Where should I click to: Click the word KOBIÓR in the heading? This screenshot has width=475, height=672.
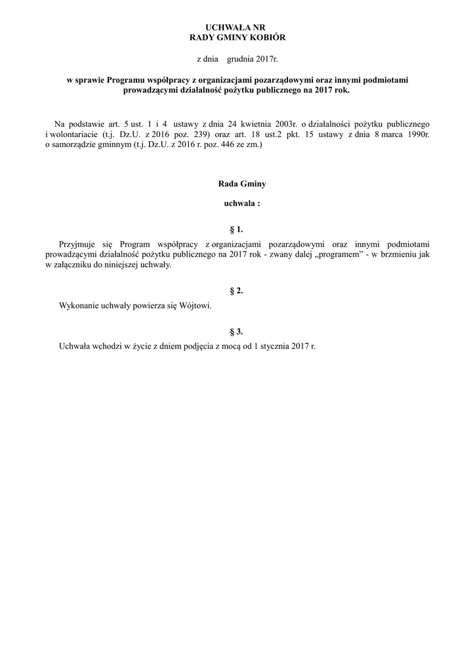268,37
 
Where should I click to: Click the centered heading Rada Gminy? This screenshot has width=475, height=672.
237,184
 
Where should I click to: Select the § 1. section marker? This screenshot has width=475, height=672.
237,230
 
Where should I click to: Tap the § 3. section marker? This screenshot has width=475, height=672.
237,331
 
